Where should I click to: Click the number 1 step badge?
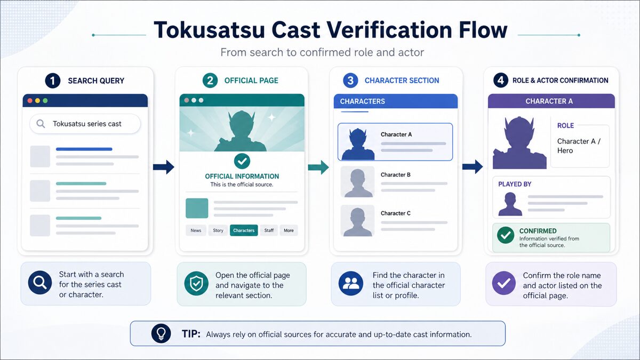53,81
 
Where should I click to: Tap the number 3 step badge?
350,81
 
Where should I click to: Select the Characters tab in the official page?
244,230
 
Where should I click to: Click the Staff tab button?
269,230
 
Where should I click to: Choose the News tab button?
196,230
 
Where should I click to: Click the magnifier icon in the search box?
41,124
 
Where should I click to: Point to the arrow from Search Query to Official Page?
163,167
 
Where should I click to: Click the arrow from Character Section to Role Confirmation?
473,167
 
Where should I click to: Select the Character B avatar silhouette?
358,182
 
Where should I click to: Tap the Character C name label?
395,213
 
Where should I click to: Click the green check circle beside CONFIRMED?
506,235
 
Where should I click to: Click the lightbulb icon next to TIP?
161,333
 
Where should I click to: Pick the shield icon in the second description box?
196,284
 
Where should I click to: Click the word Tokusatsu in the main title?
210,30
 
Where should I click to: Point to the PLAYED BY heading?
515,185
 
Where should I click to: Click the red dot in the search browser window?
30,101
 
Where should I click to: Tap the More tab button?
289,230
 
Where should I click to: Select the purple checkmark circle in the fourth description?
503,283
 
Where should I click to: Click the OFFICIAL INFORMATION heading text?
242,177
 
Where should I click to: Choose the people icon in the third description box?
351,283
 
